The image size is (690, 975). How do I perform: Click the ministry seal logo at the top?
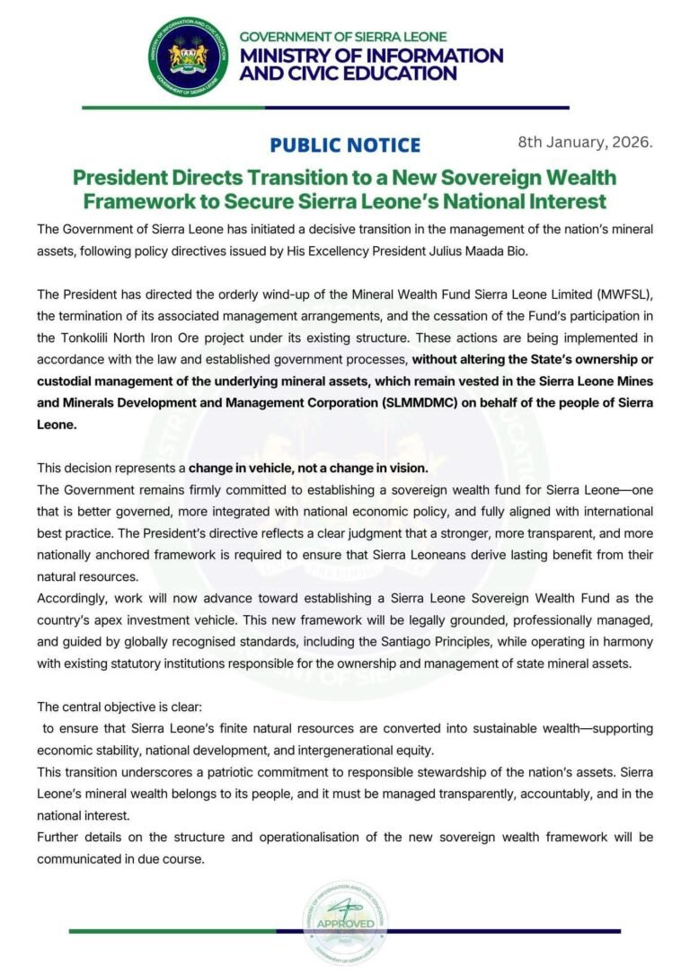click(x=190, y=57)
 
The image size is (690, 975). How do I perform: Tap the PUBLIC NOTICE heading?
click(x=344, y=145)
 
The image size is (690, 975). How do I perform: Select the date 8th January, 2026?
click(x=585, y=142)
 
